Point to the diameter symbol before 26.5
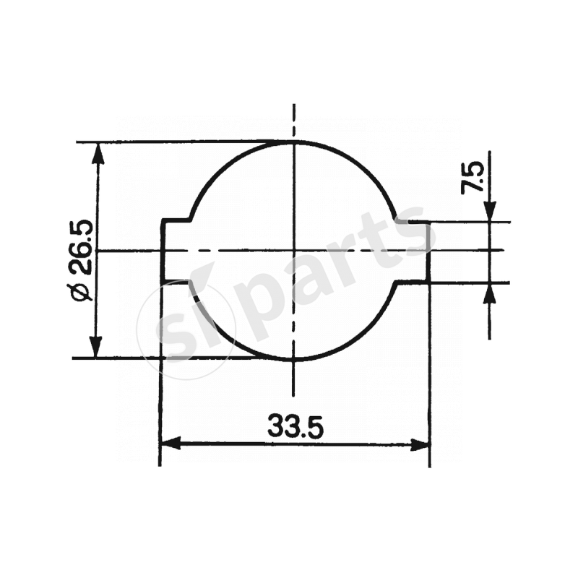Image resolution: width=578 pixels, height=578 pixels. pos(82,292)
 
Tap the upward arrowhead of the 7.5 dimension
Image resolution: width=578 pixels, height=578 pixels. pos(489,291)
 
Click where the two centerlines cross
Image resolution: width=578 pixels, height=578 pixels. pos(293,251)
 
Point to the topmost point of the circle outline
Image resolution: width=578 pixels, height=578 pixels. pos(293,142)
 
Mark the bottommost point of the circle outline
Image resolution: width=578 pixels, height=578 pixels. pos(293,358)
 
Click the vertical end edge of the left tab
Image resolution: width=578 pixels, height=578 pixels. pos(160,251)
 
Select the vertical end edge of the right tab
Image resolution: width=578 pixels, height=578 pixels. pos(431,251)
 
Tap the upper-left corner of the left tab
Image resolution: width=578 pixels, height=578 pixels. pos(161,220)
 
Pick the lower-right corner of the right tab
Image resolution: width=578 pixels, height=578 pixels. pos(431,282)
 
